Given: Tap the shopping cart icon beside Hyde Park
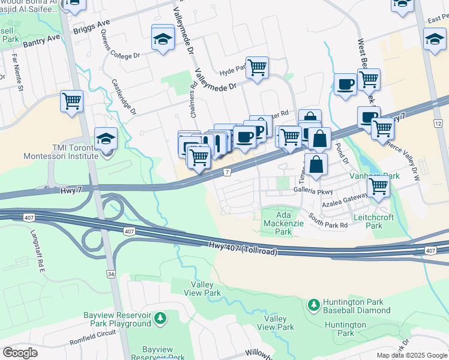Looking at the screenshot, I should tap(257, 68).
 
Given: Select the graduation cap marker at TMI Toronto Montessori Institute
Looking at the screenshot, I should tap(106, 139).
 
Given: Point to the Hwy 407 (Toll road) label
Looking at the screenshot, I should tap(243, 248).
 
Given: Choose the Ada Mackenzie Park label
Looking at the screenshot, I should tap(283, 223).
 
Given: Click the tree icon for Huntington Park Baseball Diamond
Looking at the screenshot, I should tap(313, 305).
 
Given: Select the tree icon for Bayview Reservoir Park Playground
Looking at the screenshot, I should tap(159, 317).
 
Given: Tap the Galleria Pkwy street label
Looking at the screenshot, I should tap(313, 189).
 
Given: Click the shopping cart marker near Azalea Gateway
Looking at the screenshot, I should tap(378, 185).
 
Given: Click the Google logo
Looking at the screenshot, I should tap(20, 352).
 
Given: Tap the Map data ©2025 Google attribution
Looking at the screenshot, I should tap(411, 355).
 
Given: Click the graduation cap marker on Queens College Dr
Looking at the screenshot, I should tap(163, 38).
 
